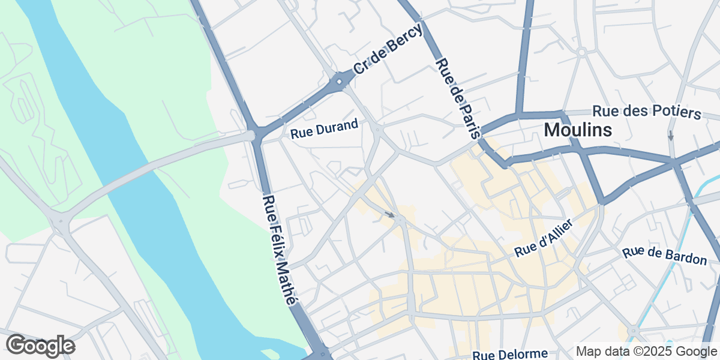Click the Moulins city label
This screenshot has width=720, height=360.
click(578, 130)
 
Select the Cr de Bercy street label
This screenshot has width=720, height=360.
click(388, 49)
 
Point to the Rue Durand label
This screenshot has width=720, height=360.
click(324, 129)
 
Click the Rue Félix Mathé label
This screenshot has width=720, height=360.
click(280, 250)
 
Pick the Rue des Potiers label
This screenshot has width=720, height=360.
click(647, 112)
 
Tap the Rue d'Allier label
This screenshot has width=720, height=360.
click(544, 239)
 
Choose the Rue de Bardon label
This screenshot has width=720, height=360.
click(665, 256)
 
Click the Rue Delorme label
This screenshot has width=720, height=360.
click(510, 355)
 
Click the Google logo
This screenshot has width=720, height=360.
click(40, 346)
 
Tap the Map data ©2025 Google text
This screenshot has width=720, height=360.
click(646, 351)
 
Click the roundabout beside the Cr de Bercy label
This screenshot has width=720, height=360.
click(340, 81)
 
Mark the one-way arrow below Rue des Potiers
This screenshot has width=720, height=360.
click(671, 136)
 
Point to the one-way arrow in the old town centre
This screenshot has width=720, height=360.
click(390, 214)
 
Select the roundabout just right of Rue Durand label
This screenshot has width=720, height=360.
click(377, 128)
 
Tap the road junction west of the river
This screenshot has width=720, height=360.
click(59, 223)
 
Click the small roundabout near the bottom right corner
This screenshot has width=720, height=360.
click(632, 330)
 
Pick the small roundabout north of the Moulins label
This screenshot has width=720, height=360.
click(581, 52)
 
